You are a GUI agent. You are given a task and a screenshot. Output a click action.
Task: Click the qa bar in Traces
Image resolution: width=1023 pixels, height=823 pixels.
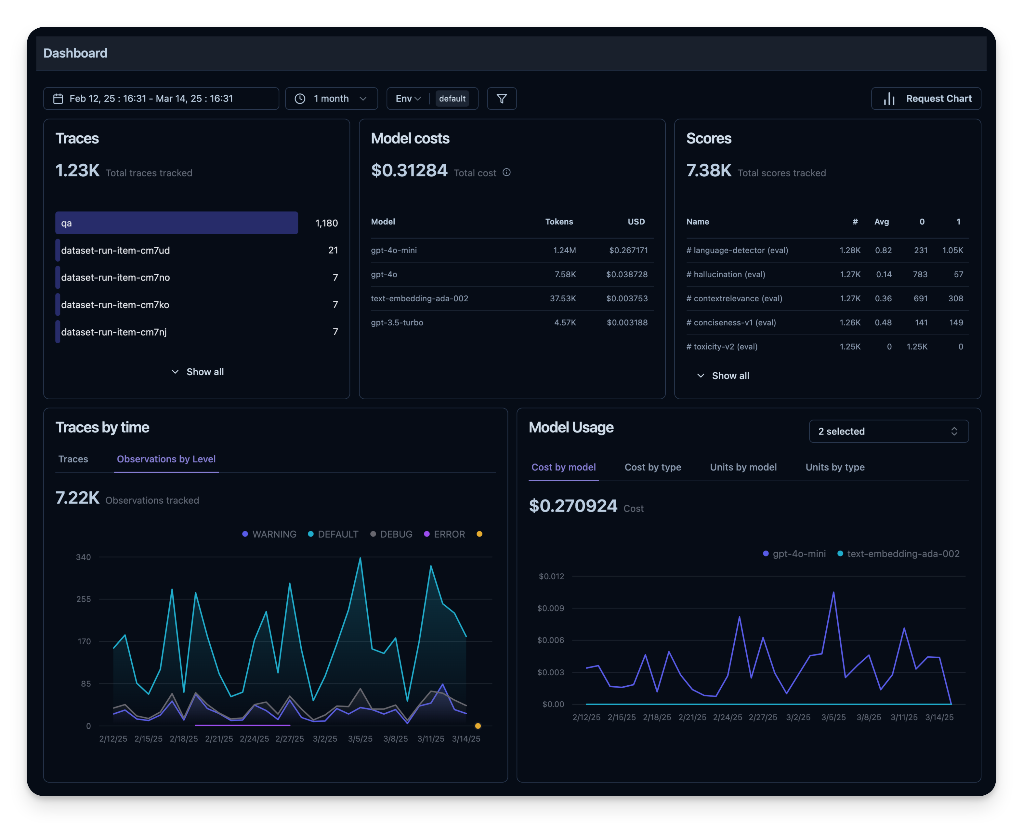coord(176,223)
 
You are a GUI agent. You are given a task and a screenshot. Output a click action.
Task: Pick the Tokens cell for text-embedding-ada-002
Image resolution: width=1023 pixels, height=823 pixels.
coord(562,298)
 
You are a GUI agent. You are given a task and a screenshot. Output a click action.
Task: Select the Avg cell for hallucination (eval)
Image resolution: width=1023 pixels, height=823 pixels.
coord(884,274)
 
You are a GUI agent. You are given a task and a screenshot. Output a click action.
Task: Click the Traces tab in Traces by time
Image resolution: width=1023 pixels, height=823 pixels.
coord(73,459)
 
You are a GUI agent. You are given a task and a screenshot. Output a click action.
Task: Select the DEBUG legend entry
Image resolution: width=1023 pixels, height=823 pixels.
coord(391,534)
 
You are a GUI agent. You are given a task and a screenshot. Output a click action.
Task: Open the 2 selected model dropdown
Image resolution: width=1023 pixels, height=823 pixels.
coord(888,431)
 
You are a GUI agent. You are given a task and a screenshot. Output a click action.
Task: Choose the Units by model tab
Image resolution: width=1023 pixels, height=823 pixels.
coord(743,467)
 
